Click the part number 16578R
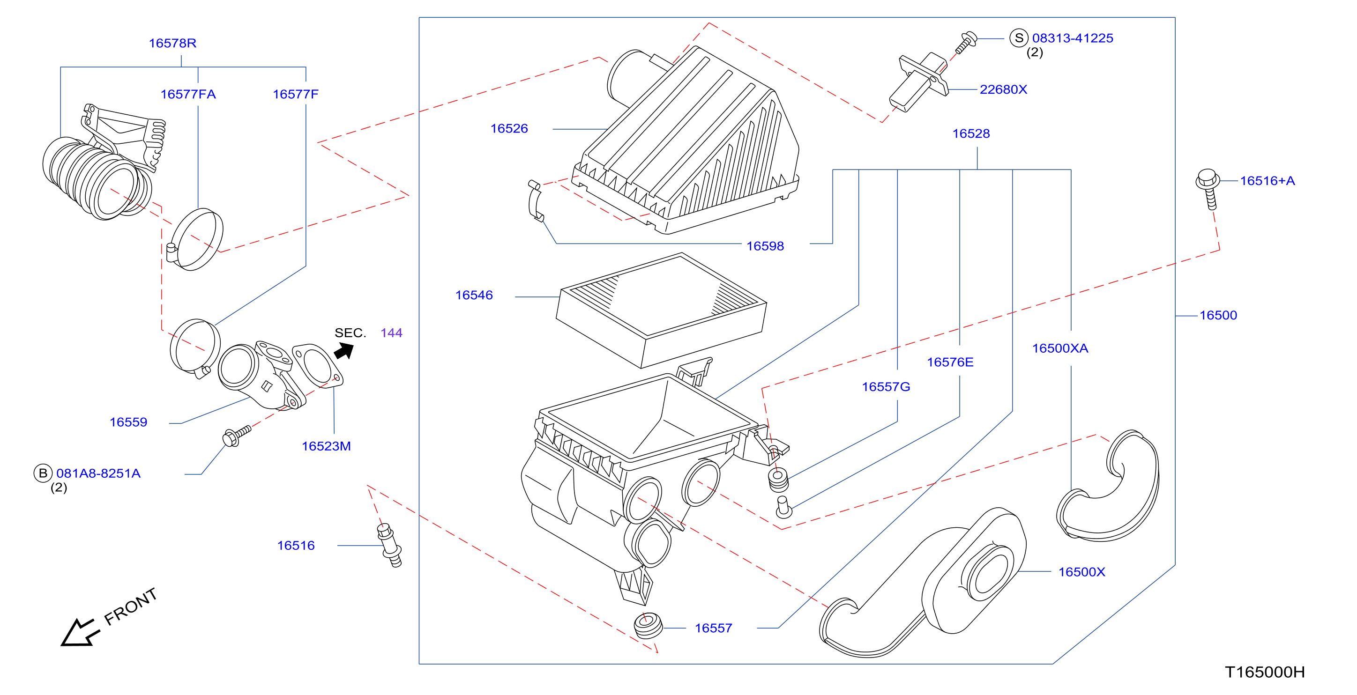[172, 43]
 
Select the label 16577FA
[188, 94]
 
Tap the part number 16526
[509, 128]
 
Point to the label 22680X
[1003, 89]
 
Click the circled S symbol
[1019, 38]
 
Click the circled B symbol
[43, 473]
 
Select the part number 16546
[474, 296]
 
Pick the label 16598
[765, 246]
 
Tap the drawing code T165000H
[1264, 672]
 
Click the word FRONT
[131, 606]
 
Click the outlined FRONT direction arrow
[79, 632]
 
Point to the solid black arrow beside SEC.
[344, 351]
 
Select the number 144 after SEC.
[391, 333]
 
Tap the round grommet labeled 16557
[648, 626]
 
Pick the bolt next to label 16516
[390, 545]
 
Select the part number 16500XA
[1060, 348]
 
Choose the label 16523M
[326, 446]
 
